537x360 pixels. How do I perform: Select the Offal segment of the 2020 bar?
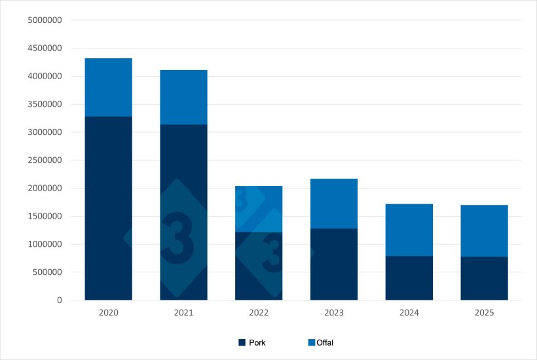tap(108, 87)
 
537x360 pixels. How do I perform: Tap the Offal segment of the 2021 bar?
tap(183, 97)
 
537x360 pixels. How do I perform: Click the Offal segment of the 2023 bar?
tap(334, 203)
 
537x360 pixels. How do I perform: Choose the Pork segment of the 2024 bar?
tap(409, 278)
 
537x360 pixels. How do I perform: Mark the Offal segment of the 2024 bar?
tap(409, 230)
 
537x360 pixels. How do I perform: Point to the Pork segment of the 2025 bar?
tap(484, 278)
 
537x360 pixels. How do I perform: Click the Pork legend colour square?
tap(242, 342)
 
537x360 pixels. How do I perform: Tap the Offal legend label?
tap(325, 342)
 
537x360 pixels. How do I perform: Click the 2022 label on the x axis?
tap(259, 313)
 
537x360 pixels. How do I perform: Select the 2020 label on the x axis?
tap(108, 313)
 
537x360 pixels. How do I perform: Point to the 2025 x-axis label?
tap(484, 313)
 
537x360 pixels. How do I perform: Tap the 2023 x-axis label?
tap(334, 313)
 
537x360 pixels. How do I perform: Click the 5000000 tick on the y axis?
tap(45, 20)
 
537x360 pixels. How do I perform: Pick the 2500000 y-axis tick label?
tap(45, 160)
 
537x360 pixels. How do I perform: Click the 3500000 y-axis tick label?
tap(45, 104)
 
